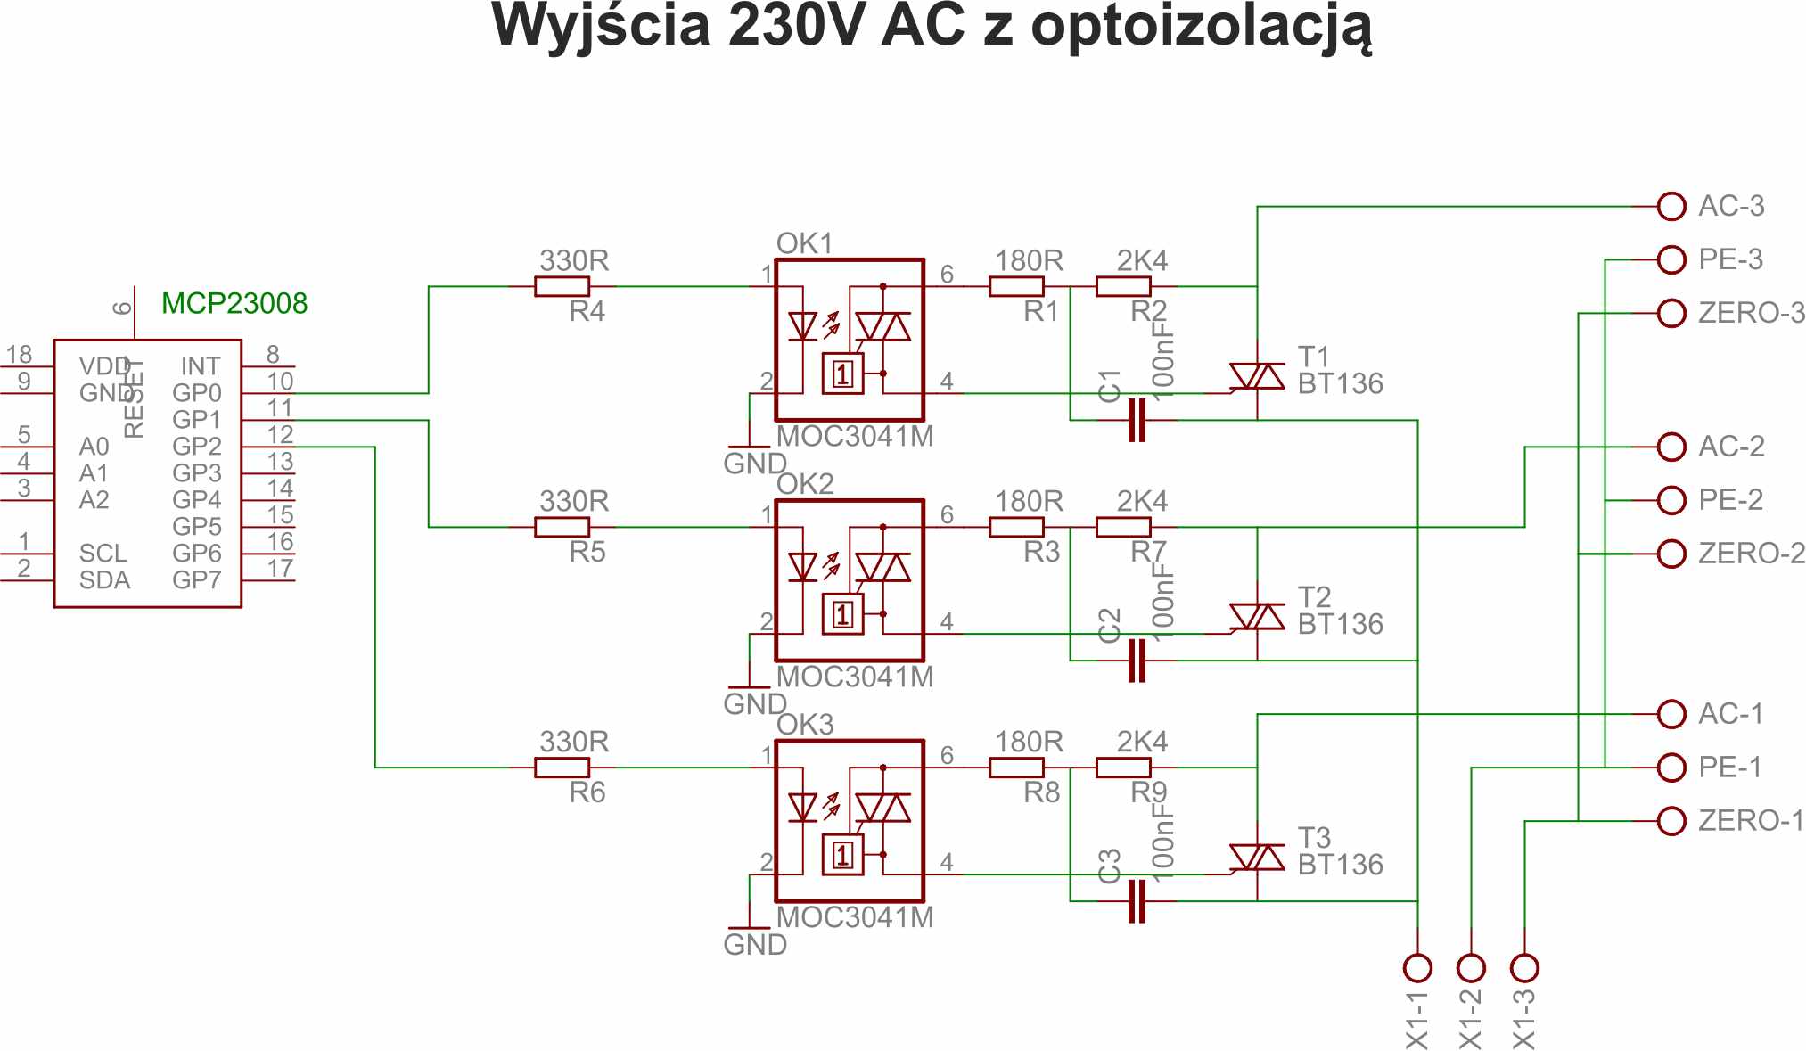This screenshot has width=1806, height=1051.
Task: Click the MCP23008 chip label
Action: (x=234, y=304)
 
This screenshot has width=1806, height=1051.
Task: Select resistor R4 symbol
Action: (x=562, y=286)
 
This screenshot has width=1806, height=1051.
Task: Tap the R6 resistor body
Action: (x=562, y=768)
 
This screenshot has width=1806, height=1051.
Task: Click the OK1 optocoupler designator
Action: (x=804, y=243)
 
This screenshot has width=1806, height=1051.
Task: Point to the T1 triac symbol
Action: (x=1257, y=377)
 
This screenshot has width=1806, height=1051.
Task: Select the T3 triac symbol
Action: (x=1257, y=858)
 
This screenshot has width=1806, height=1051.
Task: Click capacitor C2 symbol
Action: (x=1137, y=661)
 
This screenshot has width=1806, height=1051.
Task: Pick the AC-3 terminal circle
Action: (x=1671, y=206)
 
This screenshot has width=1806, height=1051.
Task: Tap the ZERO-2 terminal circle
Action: (x=1671, y=554)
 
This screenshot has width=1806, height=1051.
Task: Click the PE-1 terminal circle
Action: (x=1671, y=768)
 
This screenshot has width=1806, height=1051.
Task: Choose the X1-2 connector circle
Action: (x=1471, y=967)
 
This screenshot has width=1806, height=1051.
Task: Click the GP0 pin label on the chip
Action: (x=196, y=393)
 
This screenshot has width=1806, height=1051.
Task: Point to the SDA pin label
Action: (x=104, y=580)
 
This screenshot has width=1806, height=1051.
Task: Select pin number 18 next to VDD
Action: (x=19, y=355)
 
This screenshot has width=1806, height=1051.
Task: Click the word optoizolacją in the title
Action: (x=1201, y=27)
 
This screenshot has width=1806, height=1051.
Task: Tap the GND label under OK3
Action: (x=755, y=945)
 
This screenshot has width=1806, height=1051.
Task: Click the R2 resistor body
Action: (x=1123, y=286)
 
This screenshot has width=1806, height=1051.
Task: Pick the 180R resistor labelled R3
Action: (x=1016, y=527)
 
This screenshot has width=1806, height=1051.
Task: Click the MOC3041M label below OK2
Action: (x=855, y=677)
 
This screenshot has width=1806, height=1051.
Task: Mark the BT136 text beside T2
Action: (x=1340, y=624)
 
